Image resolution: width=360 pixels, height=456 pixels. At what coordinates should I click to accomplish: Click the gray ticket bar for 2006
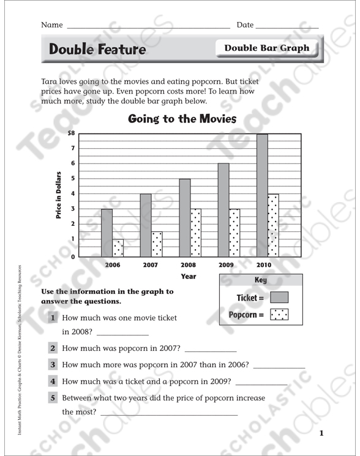pos(107,233)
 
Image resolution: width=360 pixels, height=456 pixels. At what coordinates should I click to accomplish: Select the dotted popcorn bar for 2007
pos(156,244)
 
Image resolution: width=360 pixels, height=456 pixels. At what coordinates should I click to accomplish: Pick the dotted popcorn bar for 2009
pos(234,233)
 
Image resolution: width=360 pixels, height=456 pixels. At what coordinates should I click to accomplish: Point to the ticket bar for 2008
pos(184,217)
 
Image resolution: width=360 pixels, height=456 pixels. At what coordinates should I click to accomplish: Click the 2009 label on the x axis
pos(227,265)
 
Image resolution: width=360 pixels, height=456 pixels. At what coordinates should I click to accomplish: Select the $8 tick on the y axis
pos(72,133)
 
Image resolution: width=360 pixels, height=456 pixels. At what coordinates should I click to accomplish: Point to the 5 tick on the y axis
pos(72,179)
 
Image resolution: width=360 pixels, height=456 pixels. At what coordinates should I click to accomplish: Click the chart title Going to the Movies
pos(182,119)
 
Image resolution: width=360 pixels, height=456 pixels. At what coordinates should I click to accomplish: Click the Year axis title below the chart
pos(188,277)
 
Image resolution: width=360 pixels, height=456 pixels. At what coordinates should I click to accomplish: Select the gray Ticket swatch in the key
pos(279,298)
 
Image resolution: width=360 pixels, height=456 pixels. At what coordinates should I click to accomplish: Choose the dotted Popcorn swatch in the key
pos(279,315)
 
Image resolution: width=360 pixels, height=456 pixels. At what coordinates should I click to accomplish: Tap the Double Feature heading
pos(97,50)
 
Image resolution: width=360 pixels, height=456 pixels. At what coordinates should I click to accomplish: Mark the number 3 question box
pos(53,364)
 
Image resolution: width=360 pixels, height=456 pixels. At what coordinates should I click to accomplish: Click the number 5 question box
pos(53,398)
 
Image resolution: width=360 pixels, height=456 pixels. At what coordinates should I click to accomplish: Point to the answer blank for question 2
pos(210,351)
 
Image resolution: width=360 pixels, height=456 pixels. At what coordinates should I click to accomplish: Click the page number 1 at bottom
pos(321,434)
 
